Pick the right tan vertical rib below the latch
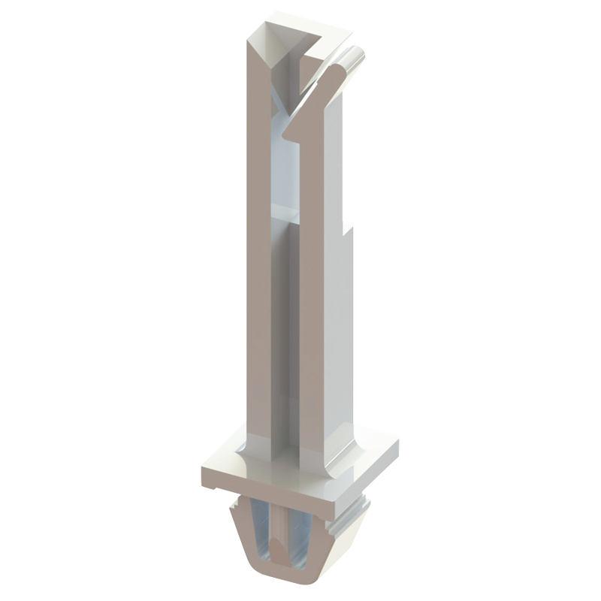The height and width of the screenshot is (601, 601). (311, 300)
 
